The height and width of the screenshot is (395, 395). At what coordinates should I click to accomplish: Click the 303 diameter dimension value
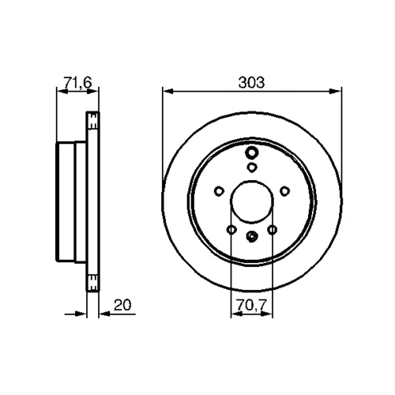click(x=251, y=82)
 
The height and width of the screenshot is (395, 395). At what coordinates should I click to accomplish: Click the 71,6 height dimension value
click(x=77, y=82)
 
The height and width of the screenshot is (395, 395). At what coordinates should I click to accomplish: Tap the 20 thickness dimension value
click(x=122, y=305)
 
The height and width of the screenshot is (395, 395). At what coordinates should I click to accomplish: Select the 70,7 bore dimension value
click(x=252, y=305)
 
